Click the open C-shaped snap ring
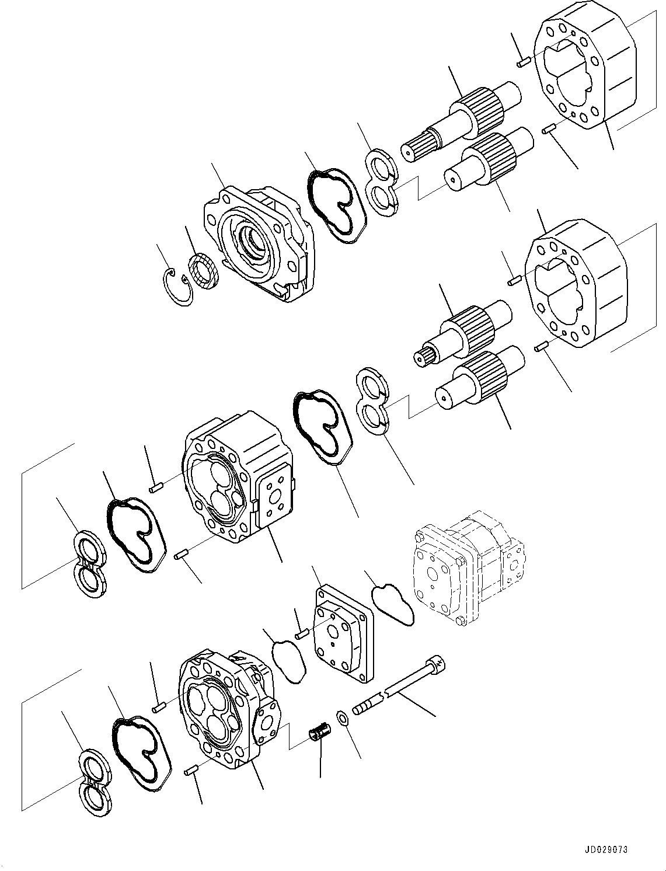coord(177,286)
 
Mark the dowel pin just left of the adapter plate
coord(302,634)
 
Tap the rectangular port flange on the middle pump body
coord(273,498)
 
